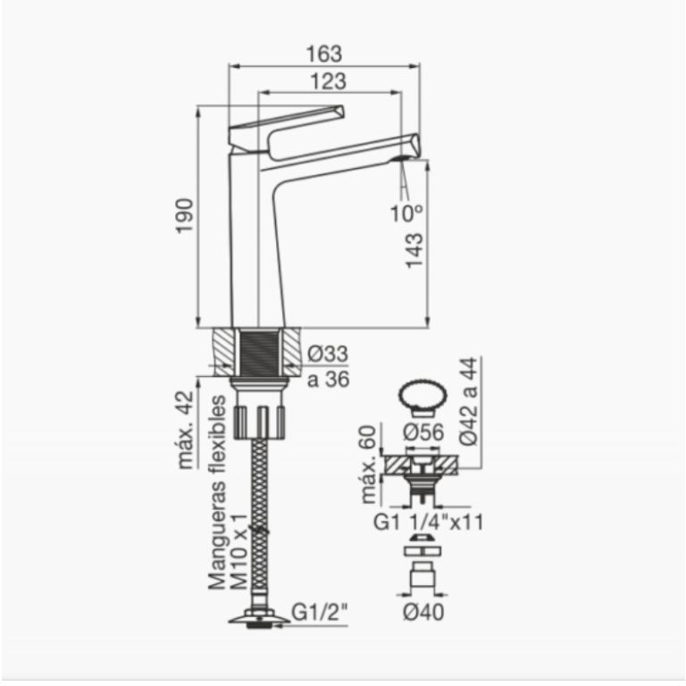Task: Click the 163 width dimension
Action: (323, 54)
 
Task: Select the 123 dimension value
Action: (328, 81)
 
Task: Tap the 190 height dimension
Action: (185, 216)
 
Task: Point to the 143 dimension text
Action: (414, 250)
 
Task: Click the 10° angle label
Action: (406, 213)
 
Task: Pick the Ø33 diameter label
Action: (328, 353)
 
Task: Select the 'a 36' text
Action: (328, 380)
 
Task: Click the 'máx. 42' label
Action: (186, 430)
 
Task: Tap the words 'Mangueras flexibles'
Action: (217, 493)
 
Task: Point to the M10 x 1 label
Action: (238, 552)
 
